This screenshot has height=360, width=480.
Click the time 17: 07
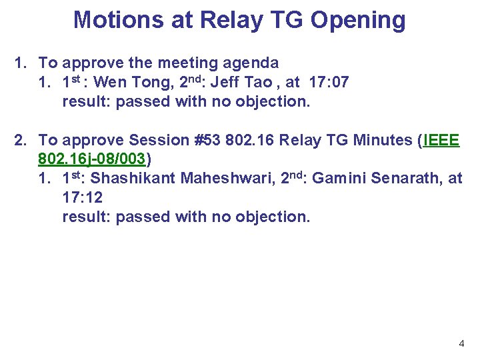click(x=326, y=83)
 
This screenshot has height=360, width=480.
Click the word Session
click(x=159, y=141)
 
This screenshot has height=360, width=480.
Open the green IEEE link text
click(x=441, y=141)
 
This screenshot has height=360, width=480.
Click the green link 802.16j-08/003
click(x=92, y=160)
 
